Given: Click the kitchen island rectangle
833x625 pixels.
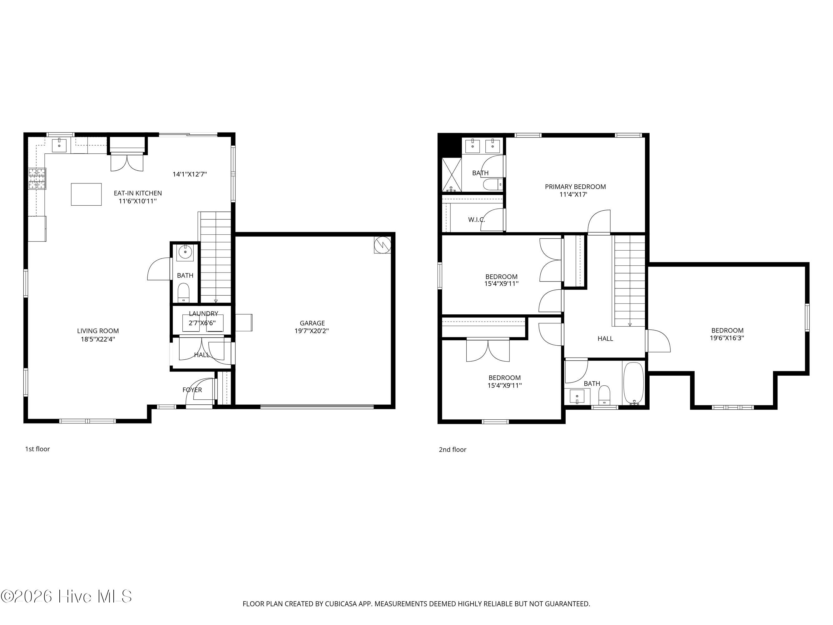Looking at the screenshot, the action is point(86,194).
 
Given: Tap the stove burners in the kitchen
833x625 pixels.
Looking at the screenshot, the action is point(37,178).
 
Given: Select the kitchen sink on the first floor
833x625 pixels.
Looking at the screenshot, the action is point(59,145).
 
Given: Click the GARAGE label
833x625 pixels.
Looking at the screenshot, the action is point(312,323).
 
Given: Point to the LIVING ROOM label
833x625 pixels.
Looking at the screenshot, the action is point(98,331).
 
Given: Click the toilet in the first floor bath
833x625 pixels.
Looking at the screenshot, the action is point(183,293).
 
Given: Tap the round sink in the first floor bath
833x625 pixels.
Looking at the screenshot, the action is point(185,252).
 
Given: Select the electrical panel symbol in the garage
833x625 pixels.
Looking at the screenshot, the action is point(382,245).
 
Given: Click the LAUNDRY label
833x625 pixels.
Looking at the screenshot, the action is point(203,313).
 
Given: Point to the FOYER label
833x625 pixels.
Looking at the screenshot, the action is point(192,390).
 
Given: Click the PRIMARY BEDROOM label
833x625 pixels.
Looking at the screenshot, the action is point(575,187).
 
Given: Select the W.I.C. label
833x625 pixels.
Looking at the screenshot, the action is point(476,220).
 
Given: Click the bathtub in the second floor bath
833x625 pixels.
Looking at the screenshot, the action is point(634,383).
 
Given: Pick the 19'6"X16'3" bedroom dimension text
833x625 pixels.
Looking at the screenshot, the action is point(727,338).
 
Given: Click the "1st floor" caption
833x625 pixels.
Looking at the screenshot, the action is point(38,449).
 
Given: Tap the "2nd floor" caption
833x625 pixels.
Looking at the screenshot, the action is point(453,449).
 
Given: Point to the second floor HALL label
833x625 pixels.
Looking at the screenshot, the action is point(605,339).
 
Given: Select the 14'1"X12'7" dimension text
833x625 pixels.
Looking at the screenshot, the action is point(190,174).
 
